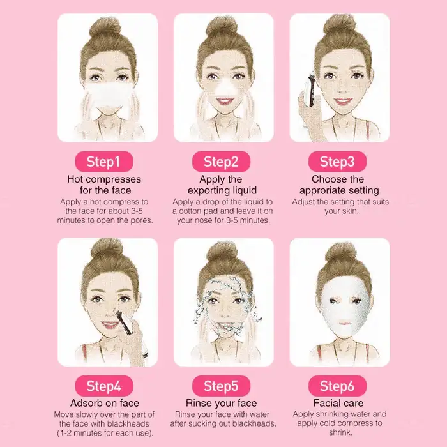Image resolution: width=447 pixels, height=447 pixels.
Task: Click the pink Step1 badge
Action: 104,162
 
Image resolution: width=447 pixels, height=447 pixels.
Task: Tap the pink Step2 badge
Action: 221,162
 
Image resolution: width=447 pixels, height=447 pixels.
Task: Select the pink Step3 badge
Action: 338,162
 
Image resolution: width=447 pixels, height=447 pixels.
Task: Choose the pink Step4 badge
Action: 104,386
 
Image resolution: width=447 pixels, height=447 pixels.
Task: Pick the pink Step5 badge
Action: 221,386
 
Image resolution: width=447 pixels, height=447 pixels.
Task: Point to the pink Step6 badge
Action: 338,386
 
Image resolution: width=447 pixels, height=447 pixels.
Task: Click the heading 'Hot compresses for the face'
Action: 104,185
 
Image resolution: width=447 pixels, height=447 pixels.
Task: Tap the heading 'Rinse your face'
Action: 221,403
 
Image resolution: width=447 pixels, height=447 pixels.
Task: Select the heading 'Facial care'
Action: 338,403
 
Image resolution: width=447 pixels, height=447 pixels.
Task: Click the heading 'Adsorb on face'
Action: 105,403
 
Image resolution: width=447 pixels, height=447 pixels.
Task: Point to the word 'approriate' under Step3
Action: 320,191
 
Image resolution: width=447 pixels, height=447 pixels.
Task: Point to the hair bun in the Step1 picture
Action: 105,28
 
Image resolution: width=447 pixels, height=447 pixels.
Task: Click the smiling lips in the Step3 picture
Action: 342,101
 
